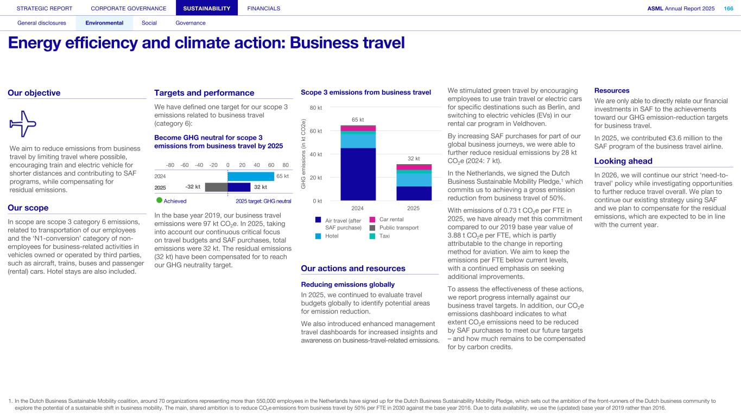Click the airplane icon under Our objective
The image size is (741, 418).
click(23, 124)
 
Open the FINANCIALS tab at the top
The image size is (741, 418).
click(263, 8)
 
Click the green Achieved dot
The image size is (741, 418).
click(159, 201)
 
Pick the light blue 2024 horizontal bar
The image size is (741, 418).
click(251, 176)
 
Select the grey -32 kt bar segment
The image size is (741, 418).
click(216, 187)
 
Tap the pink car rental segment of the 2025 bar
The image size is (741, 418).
click(414, 167)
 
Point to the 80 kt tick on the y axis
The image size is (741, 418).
click(316, 108)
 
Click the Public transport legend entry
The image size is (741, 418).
click(398, 228)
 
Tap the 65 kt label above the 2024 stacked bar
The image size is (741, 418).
click(358, 120)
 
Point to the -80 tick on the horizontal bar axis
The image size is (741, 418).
click(169, 165)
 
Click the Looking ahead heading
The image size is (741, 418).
click(623, 161)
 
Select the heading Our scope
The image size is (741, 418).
click(28, 208)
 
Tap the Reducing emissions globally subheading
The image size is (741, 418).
click(347, 284)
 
